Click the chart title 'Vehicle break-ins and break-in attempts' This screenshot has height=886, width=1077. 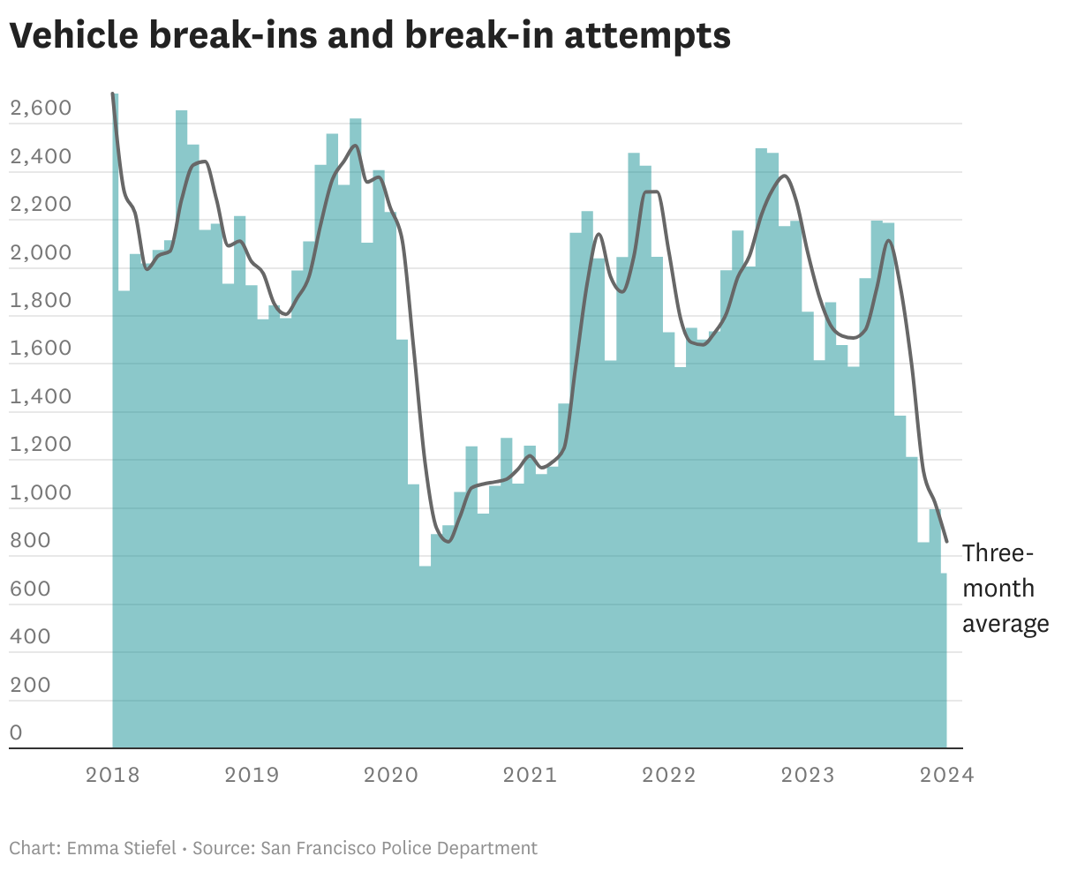point(370,35)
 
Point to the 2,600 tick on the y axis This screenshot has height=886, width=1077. point(40,109)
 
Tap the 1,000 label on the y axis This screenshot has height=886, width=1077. point(40,492)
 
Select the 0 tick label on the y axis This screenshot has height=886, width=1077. point(16,732)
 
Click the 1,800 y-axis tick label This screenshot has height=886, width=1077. point(40,301)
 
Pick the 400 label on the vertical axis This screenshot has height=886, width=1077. point(30,636)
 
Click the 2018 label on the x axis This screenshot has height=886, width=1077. point(112,776)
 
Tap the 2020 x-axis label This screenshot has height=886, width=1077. point(391,776)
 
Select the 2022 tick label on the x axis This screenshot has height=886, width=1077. point(669,776)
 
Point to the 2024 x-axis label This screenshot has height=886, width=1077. point(946,776)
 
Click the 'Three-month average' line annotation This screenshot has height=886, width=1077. point(1005,589)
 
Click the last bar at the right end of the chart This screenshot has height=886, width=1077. point(944,662)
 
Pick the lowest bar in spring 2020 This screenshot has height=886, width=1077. point(425,657)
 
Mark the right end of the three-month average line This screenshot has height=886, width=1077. point(946,541)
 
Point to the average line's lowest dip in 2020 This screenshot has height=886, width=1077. point(448,541)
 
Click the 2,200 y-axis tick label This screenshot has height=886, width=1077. point(40,205)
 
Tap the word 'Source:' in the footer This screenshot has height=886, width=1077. point(223,849)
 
